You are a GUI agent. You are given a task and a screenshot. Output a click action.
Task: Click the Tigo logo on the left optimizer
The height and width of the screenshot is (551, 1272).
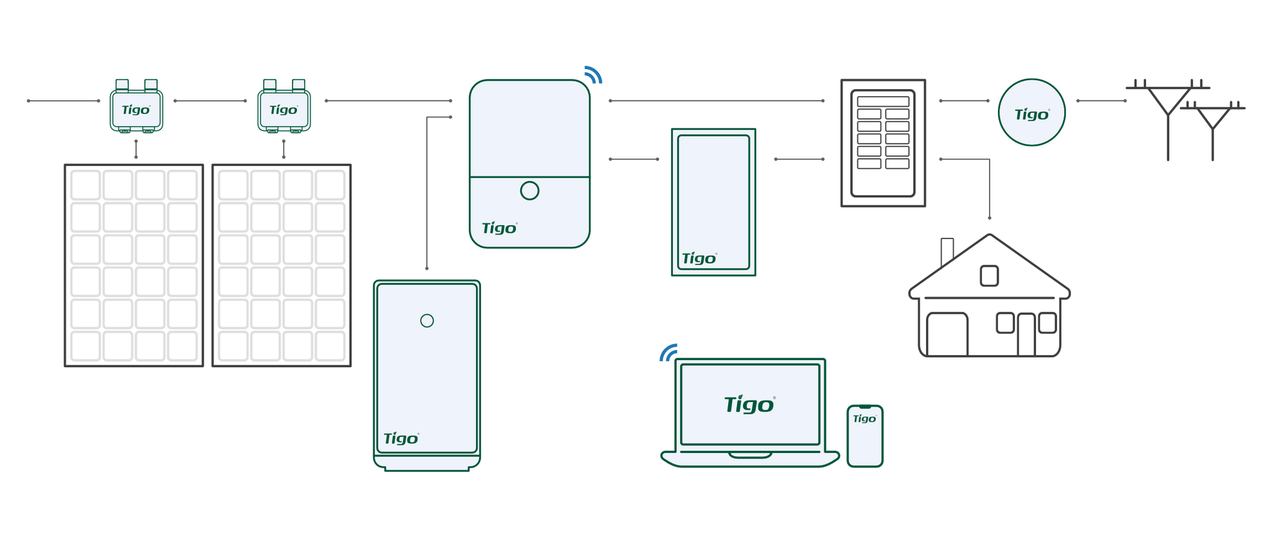coord(135,110)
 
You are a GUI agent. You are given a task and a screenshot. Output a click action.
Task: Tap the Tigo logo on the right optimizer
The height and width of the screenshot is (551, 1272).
coord(283,110)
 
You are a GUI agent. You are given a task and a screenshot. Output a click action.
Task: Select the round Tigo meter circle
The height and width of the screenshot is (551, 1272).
coord(1031,113)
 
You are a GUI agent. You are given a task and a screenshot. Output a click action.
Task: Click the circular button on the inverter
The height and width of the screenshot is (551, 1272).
coord(529,190)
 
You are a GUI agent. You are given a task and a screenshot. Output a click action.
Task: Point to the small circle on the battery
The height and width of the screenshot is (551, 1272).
coord(427,321)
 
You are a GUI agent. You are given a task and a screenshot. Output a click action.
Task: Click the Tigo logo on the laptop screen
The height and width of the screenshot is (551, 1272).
coord(749,405)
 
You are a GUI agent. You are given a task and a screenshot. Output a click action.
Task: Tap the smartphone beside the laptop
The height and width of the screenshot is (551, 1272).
coord(865,436)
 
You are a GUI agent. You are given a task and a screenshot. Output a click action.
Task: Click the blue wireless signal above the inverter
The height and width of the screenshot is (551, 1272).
coord(593,74)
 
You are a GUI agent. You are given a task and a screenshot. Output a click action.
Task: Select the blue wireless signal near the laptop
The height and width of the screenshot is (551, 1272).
coord(668,352)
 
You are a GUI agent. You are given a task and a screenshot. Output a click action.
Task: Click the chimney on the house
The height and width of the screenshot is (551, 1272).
coord(947,249)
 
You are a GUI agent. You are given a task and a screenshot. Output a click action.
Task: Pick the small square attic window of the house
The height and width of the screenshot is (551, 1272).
coord(989,275)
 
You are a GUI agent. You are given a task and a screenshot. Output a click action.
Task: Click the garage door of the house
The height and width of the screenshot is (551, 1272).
coord(947,335)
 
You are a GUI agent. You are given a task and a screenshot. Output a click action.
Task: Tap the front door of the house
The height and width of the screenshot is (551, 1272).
coord(1026,335)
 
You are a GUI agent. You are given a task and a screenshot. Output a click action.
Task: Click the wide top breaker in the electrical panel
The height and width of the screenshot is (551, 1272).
coord(883,101)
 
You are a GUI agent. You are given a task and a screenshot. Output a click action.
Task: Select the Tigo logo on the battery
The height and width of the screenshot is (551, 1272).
coord(401,439)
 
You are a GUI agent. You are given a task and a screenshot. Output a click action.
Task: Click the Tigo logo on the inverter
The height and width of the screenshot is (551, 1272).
coord(499,228)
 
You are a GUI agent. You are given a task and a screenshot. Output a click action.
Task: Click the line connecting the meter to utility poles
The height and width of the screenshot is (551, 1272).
coord(1101,101)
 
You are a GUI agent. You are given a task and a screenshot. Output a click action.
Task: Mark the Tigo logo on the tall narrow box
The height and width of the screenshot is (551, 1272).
coord(699,259)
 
